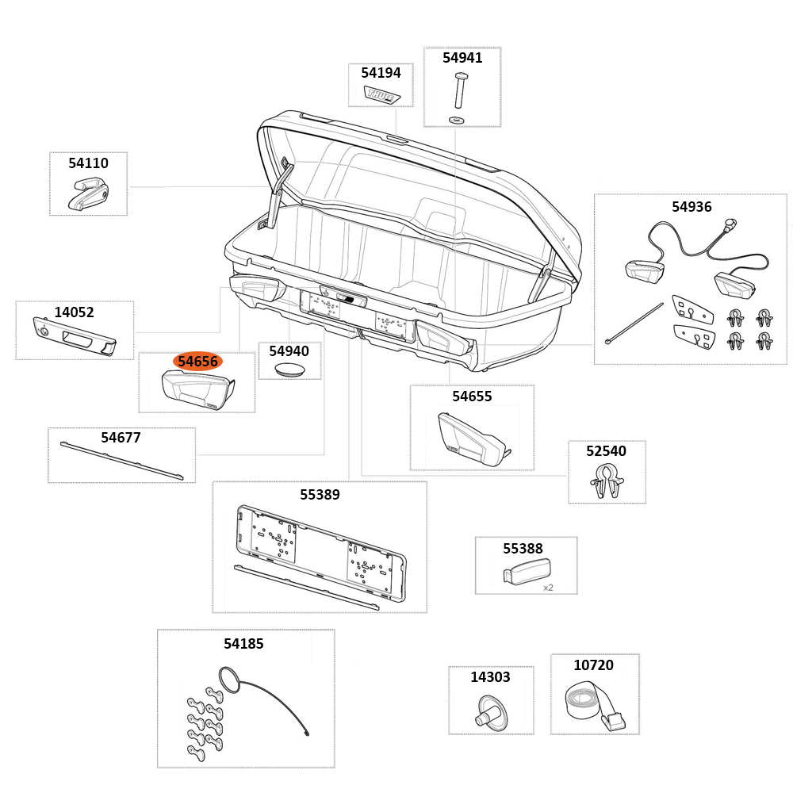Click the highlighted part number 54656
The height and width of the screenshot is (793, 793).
click(197, 362)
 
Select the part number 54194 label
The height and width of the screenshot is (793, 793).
click(381, 73)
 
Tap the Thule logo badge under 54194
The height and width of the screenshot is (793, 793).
click(382, 94)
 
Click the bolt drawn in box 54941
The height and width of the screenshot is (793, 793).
click(459, 90)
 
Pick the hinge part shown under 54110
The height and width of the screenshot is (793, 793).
click(88, 193)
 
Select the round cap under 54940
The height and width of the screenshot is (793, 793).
click(289, 370)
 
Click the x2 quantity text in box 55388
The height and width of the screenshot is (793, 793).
click(548, 588)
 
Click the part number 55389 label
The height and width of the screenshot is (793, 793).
click(320, 495)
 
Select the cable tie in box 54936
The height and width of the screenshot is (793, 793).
click(634, 323)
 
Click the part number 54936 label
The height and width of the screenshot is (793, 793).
click(691, 207)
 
